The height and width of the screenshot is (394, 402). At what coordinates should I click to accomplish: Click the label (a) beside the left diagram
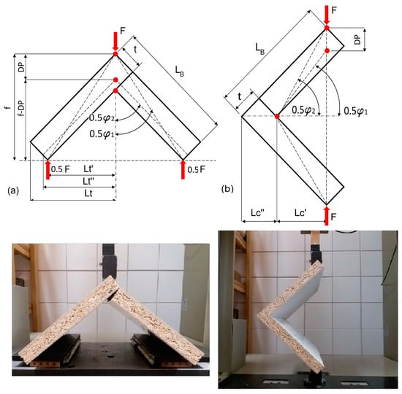(13, 190)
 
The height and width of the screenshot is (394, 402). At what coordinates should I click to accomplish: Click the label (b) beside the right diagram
(227, 189)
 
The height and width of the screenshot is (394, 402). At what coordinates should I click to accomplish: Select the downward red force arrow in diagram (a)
(115, 41)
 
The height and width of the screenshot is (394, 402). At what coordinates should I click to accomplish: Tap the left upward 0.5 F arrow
(48, 169)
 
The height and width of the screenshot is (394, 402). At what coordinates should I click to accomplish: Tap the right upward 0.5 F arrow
(183, 169)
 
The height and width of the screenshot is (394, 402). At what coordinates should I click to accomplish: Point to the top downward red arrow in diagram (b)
(327, 15)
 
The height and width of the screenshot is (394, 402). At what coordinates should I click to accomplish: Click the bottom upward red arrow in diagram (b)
(327, 216)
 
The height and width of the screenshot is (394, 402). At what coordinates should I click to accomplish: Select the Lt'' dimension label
(88, 181)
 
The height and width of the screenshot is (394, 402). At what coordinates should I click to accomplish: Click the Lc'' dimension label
(258, 213)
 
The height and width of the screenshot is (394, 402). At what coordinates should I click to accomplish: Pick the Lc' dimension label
(300, 213)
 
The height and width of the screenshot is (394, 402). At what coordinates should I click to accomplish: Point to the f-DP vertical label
(22, 108)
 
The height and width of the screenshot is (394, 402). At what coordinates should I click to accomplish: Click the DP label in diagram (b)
(357, 40)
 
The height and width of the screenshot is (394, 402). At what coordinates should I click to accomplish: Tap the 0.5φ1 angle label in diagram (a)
(102, 134)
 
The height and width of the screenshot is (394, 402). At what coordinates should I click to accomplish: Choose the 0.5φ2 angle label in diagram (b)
(304, 110)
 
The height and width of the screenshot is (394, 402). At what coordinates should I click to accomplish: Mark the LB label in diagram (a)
(180, 71)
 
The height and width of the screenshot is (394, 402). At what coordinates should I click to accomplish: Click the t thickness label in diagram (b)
(240, 97)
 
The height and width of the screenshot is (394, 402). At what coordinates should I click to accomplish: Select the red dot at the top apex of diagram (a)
(115, 54)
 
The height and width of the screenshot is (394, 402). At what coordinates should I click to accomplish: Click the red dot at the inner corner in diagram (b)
(277, 117)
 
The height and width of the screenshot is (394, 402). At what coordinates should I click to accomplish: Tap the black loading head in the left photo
(110, 262)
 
